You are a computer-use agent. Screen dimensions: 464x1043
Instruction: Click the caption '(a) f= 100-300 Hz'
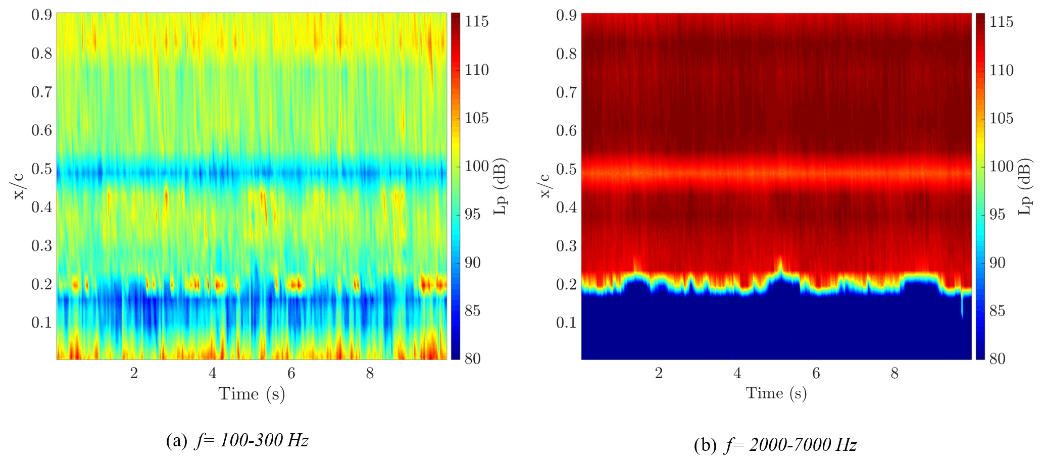click(x=237, y=441)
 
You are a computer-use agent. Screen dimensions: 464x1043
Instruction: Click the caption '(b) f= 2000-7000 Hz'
click(x=775, y=445)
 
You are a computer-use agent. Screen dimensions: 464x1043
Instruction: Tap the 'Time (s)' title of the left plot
click(x=252, y=394)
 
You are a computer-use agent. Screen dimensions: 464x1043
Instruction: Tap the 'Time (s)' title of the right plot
click(x=776, y=393)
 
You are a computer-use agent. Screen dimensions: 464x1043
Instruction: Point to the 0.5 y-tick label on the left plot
click(x=41, y=169)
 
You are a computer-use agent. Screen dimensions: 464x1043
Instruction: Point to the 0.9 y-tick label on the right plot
click(x=566, y=15)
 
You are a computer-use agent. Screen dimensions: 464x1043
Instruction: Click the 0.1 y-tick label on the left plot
click(x=41, y=322)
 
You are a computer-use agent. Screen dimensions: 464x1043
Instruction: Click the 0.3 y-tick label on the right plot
click(x=566, y=245)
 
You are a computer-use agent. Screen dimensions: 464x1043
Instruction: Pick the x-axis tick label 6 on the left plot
click(x=291, y=373)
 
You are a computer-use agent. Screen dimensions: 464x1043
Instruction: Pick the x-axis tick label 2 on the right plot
click(x=659, y=373)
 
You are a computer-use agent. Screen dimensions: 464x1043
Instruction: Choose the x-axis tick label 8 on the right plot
click(x=895, y=373)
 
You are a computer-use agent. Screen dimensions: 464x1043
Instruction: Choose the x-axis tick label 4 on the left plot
click(x=213, y=373)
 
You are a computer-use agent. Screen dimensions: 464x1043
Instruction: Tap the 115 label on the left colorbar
click(x=476, y=22)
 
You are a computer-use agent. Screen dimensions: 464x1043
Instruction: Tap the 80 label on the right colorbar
click(x=998, y=358)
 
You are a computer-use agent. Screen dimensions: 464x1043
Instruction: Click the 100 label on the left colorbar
click(x=476, y=166)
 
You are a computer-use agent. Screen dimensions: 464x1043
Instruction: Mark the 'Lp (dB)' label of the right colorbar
click(x=1024, y=187)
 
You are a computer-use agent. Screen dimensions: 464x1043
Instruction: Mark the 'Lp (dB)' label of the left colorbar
click(x=500, y=187)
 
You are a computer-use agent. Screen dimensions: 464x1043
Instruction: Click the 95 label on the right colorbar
click(x=998, y=214)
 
